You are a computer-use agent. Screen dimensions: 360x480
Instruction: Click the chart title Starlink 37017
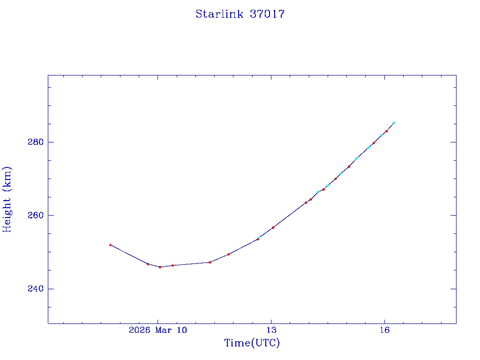(240, 14)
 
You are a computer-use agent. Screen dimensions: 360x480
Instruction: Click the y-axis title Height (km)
(7, 199)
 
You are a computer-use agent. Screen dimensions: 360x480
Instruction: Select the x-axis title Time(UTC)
(252, 343)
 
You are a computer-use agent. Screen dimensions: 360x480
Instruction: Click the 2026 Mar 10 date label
(158, 330)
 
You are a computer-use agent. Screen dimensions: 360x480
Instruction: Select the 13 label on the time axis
(271, 330)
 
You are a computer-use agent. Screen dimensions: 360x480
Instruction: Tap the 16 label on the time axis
(385, 330)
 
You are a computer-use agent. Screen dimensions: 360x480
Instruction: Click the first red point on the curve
(110, 245)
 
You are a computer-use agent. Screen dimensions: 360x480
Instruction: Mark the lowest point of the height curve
(160, 267)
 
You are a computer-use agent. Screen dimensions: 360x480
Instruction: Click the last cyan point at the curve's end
(394, 123)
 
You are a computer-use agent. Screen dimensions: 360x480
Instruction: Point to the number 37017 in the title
(267, 14)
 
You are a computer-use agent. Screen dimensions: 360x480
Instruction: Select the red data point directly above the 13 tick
(273, 227)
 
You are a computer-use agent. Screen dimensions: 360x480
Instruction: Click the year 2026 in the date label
(139, 330)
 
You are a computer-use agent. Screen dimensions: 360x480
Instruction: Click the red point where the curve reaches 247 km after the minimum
(210, 262)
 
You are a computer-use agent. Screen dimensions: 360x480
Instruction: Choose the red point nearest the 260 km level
(306, 202)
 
